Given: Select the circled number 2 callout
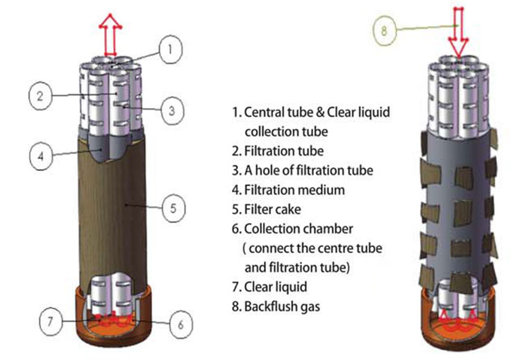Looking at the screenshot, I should [41, 96].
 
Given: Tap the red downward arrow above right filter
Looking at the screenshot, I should [458, 31].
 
